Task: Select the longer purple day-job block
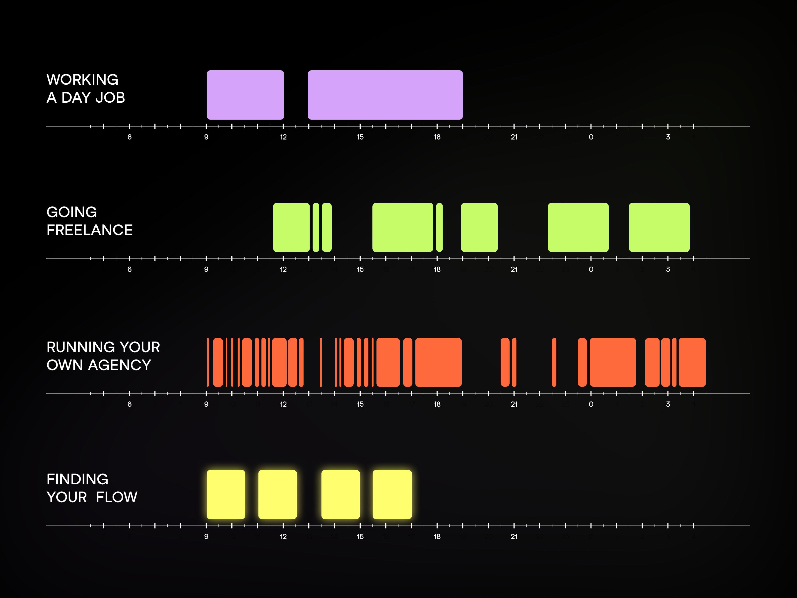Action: (385, 95)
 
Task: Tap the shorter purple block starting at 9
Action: (245, 95)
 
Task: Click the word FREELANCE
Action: (90, 230)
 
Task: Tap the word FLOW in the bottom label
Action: (117, 497)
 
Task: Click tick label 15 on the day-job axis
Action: (360, 137)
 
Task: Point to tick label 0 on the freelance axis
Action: (591, 269)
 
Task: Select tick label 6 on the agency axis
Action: (129, 404)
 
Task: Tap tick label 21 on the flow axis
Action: (514, 536)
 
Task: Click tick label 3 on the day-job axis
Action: (668, 137)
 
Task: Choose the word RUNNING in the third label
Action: (81, 347)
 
